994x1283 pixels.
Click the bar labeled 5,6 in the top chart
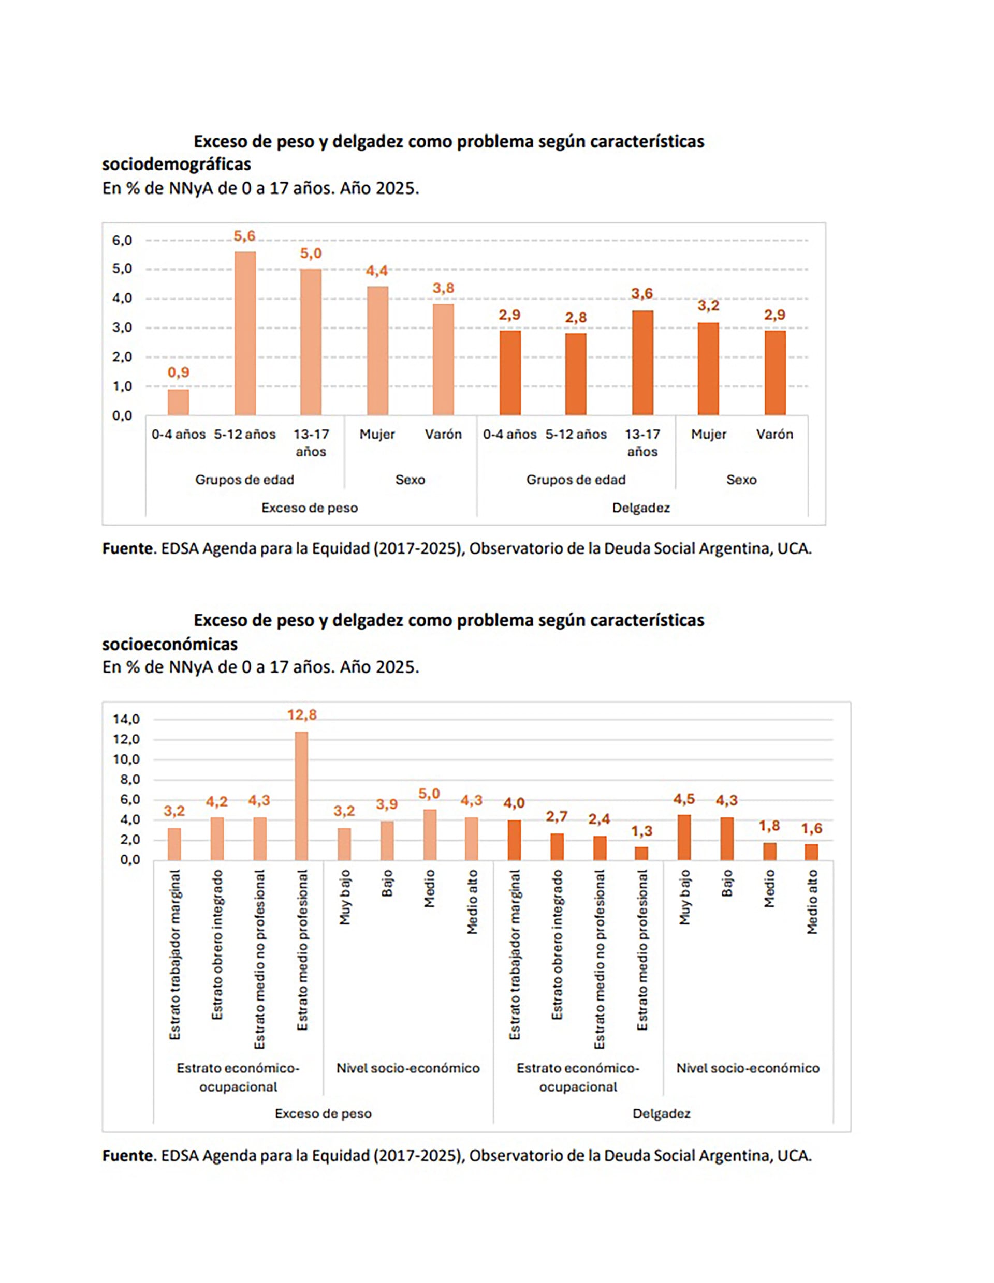[244, 333]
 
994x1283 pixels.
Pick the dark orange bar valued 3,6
[642, 363]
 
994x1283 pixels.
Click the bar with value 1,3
[641, 853]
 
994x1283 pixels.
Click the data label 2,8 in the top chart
[576, 318]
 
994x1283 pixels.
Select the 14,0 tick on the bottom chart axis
[126, 719]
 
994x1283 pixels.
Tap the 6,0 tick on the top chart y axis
[122, 240]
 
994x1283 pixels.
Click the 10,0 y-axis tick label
[126, 759]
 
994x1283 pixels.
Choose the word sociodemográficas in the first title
[177, 164]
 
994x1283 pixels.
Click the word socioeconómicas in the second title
[170, 644]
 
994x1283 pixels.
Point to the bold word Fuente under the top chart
[127, 549]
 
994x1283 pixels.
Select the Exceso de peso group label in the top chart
[309, 508]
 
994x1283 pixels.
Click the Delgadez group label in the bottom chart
[661, 1113]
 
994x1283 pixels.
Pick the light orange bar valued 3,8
[443, 359]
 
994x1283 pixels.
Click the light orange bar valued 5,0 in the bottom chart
[429, 835]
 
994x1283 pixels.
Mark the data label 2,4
[599, 819]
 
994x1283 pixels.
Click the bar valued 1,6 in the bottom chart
[811, 852]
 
